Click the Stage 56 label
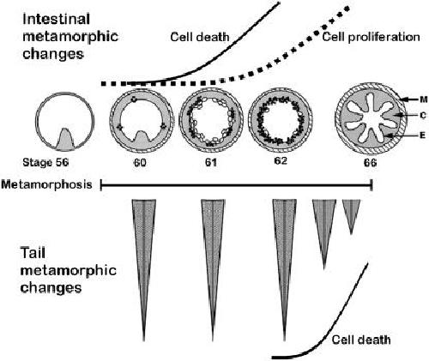click(x=45, y=162)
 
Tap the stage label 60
click(x=140, y=163)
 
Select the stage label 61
click(x=210, y=163)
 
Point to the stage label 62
click(x=280, y=160)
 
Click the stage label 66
click(x=370, y=163)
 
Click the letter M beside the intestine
click(x=423, y=99)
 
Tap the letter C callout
click(x=423, y=116)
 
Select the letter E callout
click(x=423, y=135)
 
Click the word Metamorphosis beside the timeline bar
click(x=46, y=184)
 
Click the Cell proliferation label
click(x=371, y=37)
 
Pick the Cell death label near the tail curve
click(x=361, y=340)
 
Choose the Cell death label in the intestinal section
click(x=200, y=37)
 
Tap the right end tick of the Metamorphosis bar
click(x=372, y=185)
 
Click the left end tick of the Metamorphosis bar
click(x=101, y=185)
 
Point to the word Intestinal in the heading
click(x=57, y=19)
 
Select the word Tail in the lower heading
click(x=33, y=253)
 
